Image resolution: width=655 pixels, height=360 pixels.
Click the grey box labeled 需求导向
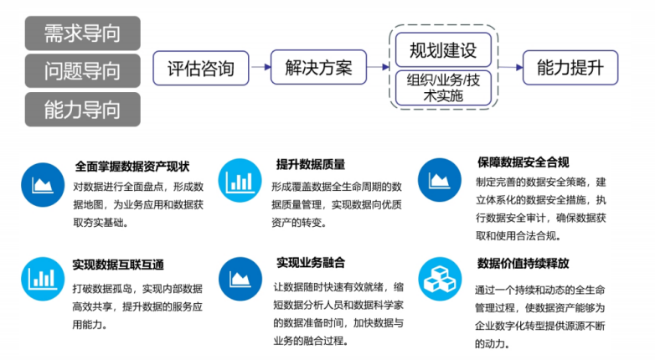coord(83,33)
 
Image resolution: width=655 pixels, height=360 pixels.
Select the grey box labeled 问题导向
coord(83,71)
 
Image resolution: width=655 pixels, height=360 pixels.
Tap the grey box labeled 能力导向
coord(83,110)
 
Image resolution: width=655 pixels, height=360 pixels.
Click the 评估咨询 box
coord(201,68)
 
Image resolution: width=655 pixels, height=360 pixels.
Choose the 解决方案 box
coord(319,67)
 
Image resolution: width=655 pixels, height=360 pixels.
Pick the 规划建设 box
coord(443,50)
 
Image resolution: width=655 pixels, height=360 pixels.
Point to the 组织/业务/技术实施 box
coord(443,88)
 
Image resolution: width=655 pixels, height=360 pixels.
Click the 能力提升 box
coord(570,68)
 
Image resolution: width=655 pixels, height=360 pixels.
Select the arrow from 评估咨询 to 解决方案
coord(260,67)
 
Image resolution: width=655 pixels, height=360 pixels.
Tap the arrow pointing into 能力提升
coord(510,67)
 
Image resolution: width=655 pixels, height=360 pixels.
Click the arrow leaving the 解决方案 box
coord(378,67)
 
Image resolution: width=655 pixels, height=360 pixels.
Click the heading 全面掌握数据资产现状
coord(132,167)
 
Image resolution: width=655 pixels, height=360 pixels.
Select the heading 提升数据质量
coord(311,164)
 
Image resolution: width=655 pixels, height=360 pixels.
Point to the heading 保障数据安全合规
coord(523,162)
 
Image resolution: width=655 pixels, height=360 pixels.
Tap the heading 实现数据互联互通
coord(118,265)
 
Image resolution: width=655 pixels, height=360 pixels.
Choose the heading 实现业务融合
coord(311,262)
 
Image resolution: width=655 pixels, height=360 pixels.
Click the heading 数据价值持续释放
coord(523,263)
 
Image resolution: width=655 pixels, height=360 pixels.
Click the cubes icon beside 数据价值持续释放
coord(440,279)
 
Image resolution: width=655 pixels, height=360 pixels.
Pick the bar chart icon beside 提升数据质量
coord(240,180)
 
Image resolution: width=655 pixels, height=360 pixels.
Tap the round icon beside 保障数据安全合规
coord(440,180)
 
